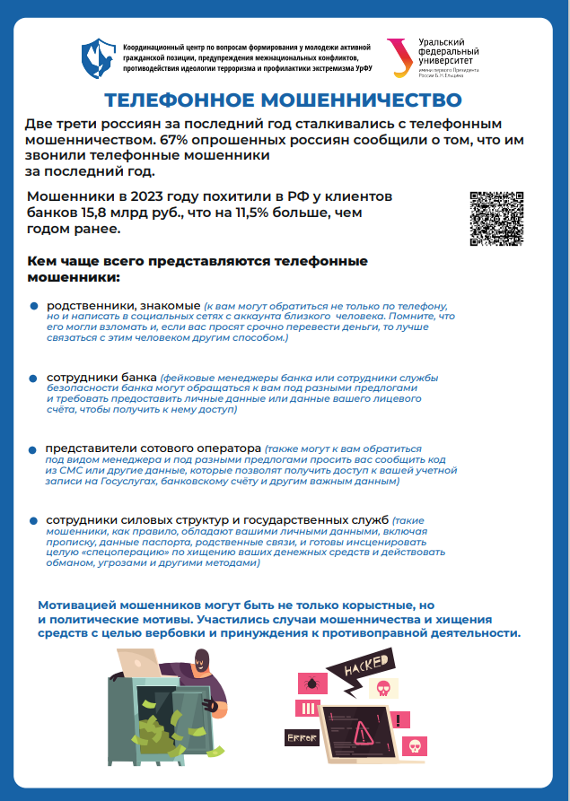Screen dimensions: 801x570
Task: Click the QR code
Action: pos(497,219)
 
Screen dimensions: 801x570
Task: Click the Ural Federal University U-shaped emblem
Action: pos(397,56)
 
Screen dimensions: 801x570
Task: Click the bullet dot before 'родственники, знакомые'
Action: pos(33,307)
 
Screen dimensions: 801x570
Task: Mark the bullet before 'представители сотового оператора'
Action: pos(33,448)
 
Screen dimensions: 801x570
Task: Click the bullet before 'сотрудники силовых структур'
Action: pos(33,520)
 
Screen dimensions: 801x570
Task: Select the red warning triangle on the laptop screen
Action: pos(366,732)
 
